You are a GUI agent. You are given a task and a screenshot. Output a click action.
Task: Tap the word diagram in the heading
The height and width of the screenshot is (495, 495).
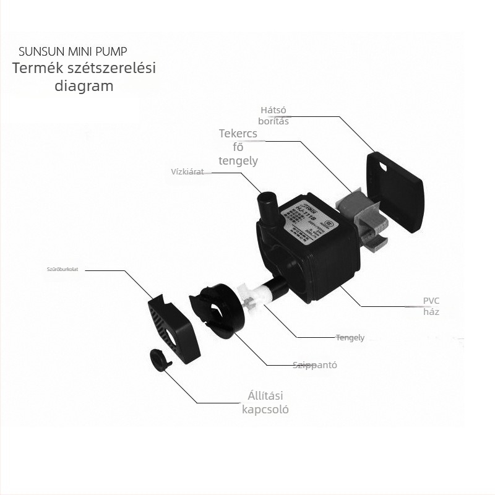point(84,86)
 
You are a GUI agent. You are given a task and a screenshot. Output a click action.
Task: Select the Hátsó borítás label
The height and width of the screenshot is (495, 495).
point(274,116)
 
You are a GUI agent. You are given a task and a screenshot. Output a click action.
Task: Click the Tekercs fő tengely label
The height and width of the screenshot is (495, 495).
point(238,147)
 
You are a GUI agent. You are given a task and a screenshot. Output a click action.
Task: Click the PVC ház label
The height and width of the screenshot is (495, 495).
point(431,306)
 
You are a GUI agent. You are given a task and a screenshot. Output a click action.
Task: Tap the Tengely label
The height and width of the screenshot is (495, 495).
point(350,338)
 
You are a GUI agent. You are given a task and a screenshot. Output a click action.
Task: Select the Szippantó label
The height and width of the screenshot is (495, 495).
point(315,365)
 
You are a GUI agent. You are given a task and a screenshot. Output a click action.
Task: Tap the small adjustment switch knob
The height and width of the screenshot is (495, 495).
point(160,359)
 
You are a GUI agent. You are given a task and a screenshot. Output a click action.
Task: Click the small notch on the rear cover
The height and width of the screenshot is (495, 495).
point(382,166)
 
